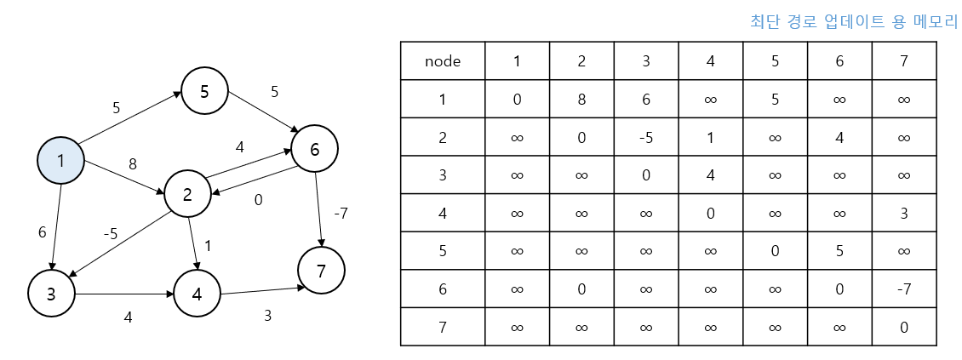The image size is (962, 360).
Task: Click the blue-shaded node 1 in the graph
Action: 60,161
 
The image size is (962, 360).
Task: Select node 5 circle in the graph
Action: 204,91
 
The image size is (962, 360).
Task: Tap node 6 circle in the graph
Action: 315,149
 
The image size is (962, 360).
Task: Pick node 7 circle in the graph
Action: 321,270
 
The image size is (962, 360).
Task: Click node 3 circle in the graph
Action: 51,293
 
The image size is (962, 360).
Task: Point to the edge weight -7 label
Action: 341,214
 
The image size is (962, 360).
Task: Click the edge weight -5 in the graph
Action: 110,234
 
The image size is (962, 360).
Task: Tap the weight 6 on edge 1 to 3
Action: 42,232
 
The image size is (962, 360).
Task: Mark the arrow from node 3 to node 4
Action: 124,294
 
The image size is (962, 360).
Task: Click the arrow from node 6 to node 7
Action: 318,209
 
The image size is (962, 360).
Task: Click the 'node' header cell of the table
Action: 443,60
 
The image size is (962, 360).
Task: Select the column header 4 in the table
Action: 711,60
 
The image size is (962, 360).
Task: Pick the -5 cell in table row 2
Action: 646,137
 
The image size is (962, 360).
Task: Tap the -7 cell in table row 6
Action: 904,289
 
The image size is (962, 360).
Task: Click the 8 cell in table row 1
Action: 581,99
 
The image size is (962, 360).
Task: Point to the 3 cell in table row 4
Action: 904,213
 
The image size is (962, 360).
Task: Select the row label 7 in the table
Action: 443,327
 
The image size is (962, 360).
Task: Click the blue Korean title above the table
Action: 853,21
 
